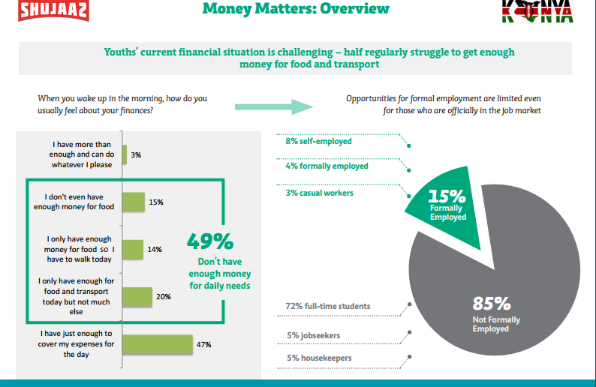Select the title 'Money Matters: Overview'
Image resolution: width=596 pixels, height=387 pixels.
pyautogui.click(x=296, y=9)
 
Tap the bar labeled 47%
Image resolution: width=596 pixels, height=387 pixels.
pyautogui.click(x=157, y=344)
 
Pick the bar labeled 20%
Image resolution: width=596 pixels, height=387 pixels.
pyautogui.click(x=137, y=296)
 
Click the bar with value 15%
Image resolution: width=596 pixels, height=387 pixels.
pyautogui.click(x=133, y=202)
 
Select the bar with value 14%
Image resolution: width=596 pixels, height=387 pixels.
pyautogui.click(x=132, y=249)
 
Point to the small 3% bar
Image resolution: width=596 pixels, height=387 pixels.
pyautogui.click(x=125, y=154)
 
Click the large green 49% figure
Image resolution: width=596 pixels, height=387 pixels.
pyautogui.click(x=210, y=242)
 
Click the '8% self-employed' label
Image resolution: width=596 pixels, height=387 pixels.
pyautogui.click(x=318, y=141)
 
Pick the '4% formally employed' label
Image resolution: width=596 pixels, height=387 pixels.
pyautogui.click(x=327, y=166)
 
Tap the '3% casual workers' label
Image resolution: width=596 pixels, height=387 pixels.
pyautogui.click(x=319, y=193)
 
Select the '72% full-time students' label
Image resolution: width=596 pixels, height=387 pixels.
pyautogui.click(x=327, y=306)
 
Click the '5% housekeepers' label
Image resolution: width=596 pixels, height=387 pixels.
pyautogui.click(x=318, y=358)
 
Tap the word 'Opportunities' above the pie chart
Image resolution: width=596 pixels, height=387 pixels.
pyautogui.click(x=371, y=98)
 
